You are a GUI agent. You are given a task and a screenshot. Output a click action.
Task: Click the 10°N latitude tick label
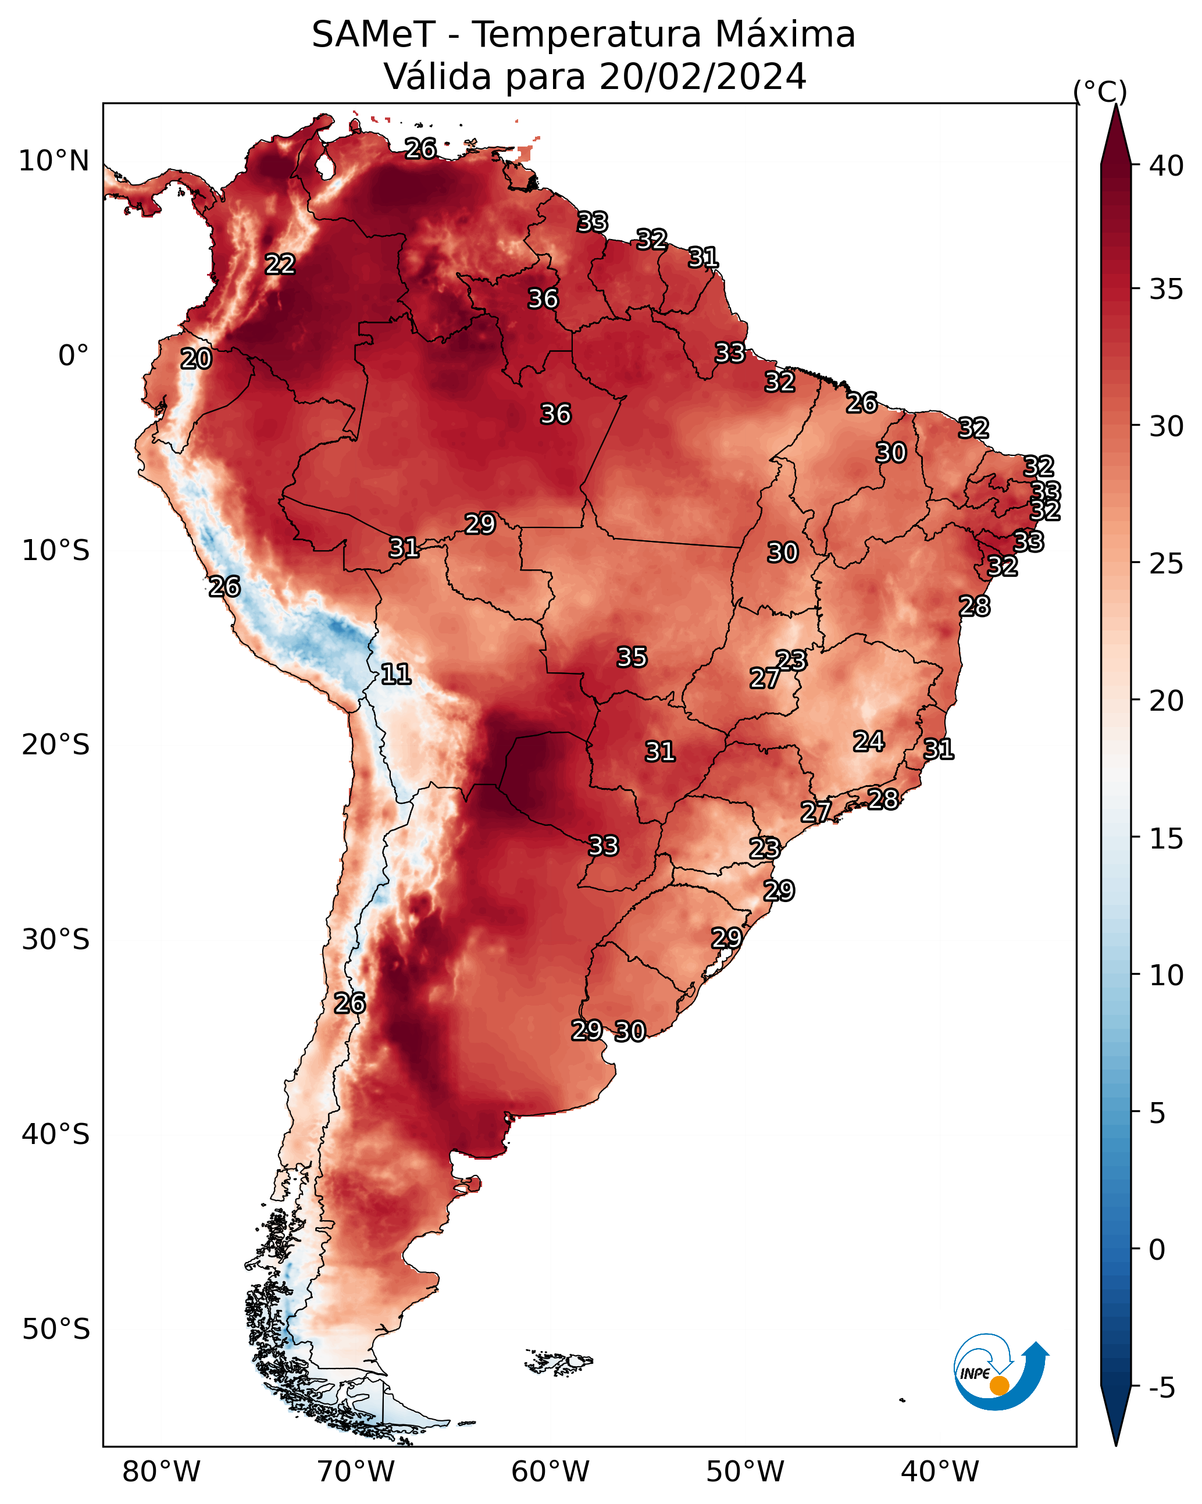tap(53, 161)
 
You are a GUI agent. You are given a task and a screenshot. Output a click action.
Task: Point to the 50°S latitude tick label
tap(56, 1330)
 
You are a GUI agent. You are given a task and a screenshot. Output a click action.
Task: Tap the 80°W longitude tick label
tap(161, 1471)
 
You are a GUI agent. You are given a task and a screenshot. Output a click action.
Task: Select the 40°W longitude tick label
tap(940, 1471)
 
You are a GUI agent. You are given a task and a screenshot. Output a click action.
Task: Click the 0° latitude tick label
tap(73, 356)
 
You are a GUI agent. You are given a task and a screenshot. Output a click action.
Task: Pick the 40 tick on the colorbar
tap(1167, 166)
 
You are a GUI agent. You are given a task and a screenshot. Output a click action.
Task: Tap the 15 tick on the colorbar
tap(1167, 839)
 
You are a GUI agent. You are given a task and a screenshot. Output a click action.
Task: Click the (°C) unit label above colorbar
tap(1100, 91)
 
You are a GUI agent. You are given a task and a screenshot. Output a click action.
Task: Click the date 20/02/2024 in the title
tap(702, 77)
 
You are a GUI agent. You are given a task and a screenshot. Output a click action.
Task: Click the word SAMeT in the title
tap(373, 35)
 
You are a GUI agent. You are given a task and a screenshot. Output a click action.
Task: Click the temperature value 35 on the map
tap(632, 657)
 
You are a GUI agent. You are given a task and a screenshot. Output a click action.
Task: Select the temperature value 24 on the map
tap(869, 742)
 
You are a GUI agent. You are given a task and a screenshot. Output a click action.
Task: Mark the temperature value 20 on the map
tap(196, 359)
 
